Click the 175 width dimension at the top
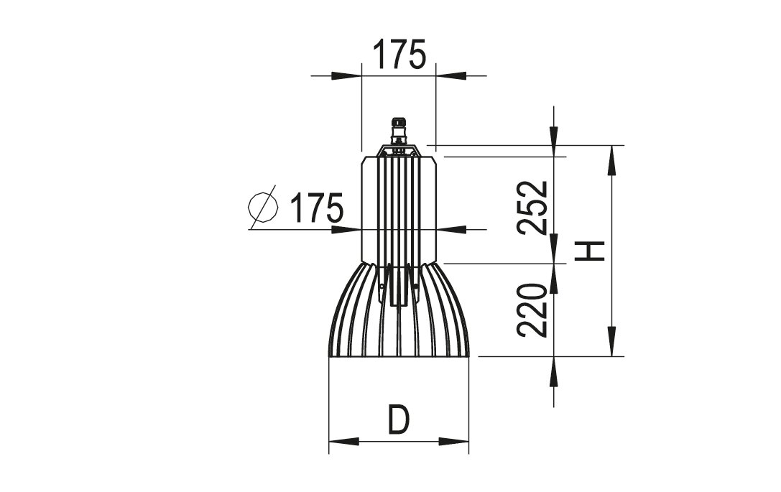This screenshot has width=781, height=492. coord(399,54)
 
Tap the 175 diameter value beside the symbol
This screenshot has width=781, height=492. coord(317,207)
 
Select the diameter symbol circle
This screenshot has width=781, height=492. coord(263,207)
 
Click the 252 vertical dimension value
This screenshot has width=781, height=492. coord(533,208)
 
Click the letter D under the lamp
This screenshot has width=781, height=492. coord(399,420)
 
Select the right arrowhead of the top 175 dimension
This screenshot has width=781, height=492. coord(450,75)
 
